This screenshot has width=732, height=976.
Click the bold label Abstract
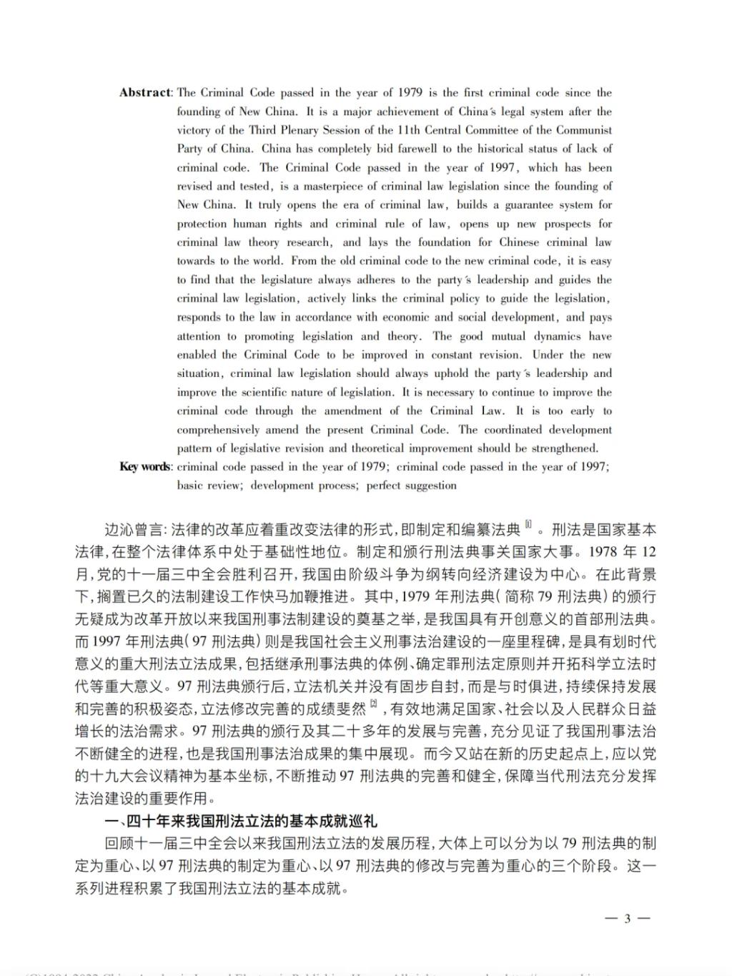pos(145,93)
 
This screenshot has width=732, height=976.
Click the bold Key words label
pos(145,467)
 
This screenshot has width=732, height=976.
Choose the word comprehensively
pos(218,430)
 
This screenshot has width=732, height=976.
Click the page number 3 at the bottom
pos(627,919)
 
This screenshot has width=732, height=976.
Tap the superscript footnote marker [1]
pos(528,526)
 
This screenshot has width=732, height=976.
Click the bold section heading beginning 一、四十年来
pos(240,820)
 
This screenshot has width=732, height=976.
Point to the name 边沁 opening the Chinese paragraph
pos(119,530)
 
